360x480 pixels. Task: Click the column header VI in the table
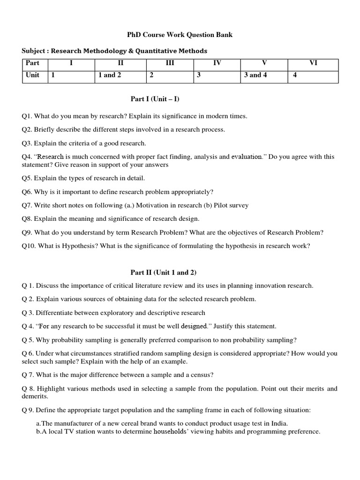click(313, 63)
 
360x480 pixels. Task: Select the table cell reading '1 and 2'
click(110, 75)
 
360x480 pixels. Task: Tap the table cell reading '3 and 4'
click(255, 75)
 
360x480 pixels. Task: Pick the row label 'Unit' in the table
click(33, 75)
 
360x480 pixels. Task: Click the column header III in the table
click(170, 63)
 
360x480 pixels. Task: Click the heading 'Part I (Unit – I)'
click(155, 99)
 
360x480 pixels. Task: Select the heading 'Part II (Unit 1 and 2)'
click(159, 272)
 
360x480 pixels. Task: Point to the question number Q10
click(29, 246)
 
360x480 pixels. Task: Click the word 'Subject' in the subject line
click(34, 51)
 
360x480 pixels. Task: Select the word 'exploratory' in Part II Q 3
click(118, 313)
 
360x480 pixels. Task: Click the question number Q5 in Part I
click(27, 178)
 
